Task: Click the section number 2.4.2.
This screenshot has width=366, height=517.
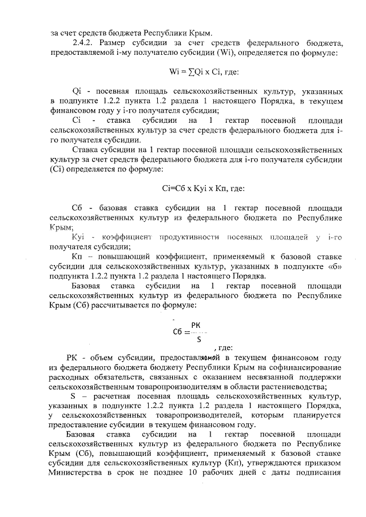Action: [x=77, y=42]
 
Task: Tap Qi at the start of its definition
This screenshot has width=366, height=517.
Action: [x=77, y=91]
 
